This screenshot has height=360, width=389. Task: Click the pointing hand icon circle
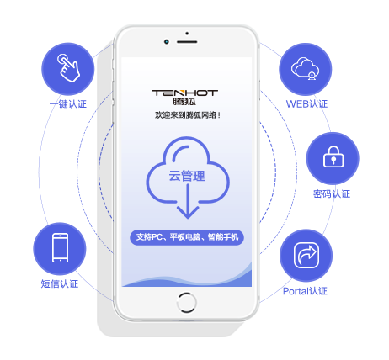[x=68, y=69]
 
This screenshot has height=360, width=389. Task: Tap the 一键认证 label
[x=68, y=104]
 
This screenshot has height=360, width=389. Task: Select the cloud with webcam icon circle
[x=306, y=69]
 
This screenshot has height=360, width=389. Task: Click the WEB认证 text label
[x=306, y=104]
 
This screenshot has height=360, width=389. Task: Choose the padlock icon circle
[x=333, y=158]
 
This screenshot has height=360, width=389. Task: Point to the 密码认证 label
[x=332, y=193]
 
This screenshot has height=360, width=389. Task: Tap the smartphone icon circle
[x=60, y=248]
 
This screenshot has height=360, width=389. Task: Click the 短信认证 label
[x=60, y=283]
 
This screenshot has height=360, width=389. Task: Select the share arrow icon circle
[x=306, y=256]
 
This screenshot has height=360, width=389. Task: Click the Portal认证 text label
[x=305, y=291]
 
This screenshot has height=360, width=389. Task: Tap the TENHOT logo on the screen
[x=184, y=93]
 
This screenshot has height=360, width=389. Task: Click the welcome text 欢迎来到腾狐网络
[x=188, y=115]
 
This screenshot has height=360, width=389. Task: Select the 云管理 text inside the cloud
[x=187, y=176]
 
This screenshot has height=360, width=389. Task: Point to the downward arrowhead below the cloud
[x=188, y=212]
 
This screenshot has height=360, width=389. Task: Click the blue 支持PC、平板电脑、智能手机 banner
[x=187, y=237]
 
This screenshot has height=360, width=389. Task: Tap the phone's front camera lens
[x=167, y=42]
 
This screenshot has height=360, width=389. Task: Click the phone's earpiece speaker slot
[x=187, y=42]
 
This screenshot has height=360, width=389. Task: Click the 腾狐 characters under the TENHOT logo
[x=184, y=101]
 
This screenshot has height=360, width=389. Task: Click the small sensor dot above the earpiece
[x=187, y=34]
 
